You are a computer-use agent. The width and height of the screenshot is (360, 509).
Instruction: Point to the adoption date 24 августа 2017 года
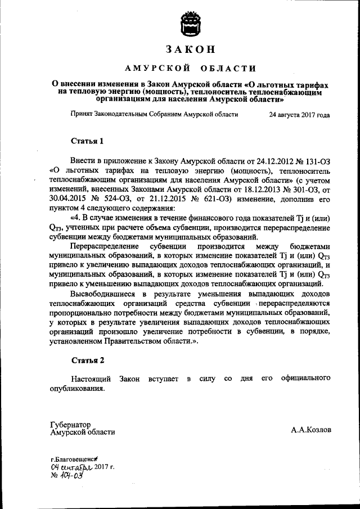coord(299,114)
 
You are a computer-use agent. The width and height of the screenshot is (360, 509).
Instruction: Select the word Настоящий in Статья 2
coord(90,379)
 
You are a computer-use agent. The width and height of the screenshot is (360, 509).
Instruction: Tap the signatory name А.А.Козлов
coord(310,430)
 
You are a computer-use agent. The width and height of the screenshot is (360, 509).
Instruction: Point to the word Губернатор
coord(70,425)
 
